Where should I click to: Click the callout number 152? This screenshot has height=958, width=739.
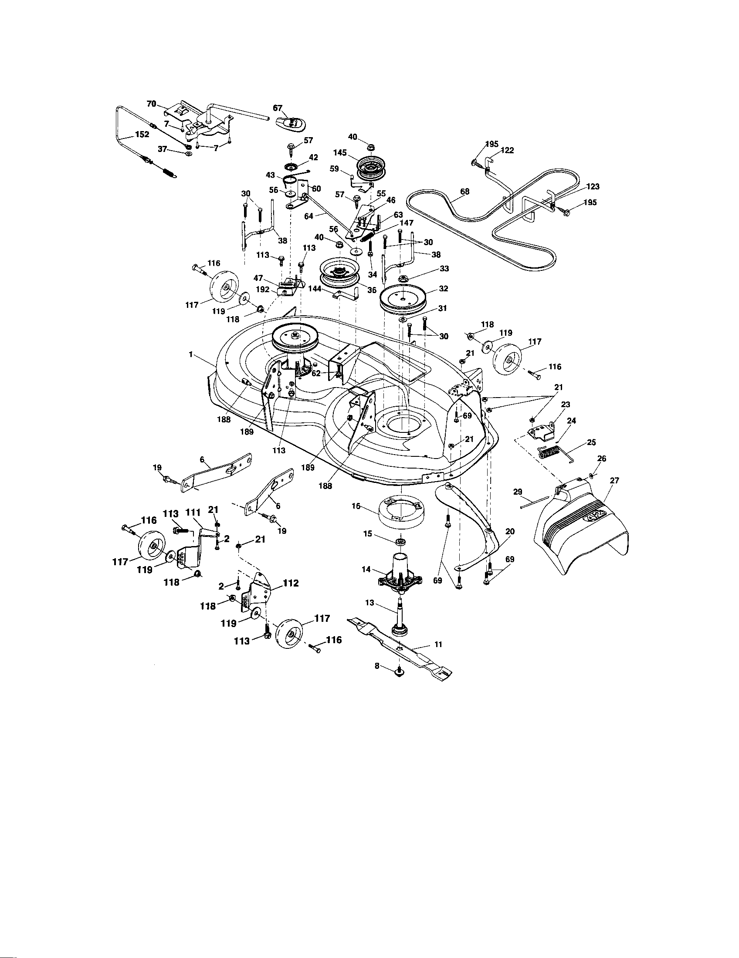[x=142, y=135]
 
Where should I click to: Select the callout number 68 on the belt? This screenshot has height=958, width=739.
[x=465, y=192]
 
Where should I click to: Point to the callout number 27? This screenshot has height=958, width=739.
[x=614, y=481]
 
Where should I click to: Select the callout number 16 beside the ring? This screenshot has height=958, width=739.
[x=356, y=506]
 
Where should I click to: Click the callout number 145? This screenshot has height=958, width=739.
[x=340, y=153]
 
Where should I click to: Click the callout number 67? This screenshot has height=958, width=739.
[x=278, y=108]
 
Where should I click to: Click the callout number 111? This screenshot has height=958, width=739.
[x=193, y=513]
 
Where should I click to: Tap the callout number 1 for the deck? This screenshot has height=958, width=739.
[x=191, y=354]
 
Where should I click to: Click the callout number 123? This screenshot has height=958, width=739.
[x=592, y=186]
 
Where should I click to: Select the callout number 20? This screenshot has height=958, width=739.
[x=510, y=531]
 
